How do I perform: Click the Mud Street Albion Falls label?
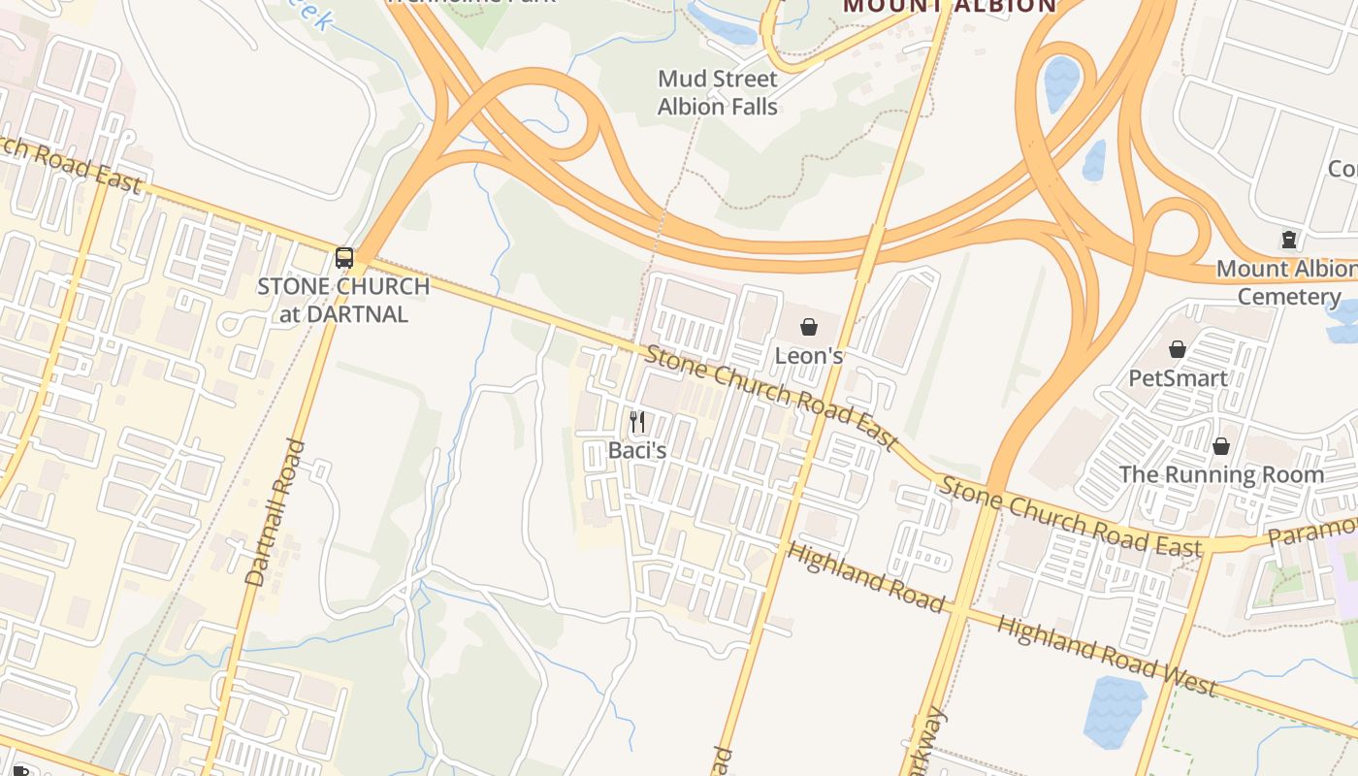(x=718, y=92)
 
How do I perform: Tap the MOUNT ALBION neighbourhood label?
(x=949, y=6)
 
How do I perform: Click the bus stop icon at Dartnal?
(x=344, y=257)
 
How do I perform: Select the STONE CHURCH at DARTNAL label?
(x=343, y=300)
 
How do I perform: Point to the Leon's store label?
(x=808, y=356)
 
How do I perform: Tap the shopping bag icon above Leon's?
(x=809, y=327)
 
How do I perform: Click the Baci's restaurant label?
(x=636, y=450)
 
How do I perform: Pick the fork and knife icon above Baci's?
(x=637, y=422)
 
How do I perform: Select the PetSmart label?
(x=1178, y=377)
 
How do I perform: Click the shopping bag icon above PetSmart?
(x=1178, y=349)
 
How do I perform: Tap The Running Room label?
(x=1221, y=474)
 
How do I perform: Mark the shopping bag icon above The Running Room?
(x=1221, y=446)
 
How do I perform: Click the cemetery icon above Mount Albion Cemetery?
(x=1289, y=239)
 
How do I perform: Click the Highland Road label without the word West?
(x=865, y=577)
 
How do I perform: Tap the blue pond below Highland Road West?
(x=1115, y=710)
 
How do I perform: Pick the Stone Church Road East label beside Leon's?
(x=772, y=398)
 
